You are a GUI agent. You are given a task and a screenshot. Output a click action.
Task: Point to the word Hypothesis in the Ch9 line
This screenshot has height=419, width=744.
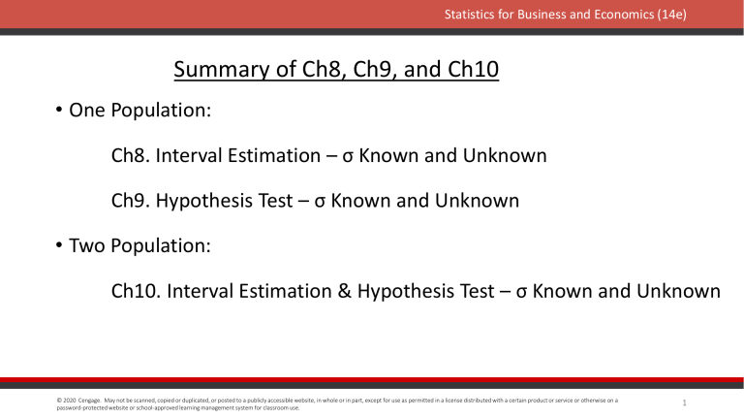(215, 201)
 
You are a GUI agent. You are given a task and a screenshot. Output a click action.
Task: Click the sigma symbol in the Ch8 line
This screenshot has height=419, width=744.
(349, 157)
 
